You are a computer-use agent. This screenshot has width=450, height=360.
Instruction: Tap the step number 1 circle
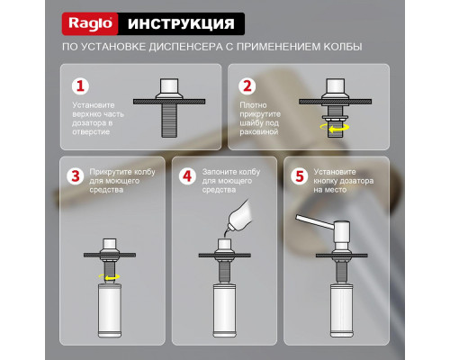pyautogui.click(x=81, y=87)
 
